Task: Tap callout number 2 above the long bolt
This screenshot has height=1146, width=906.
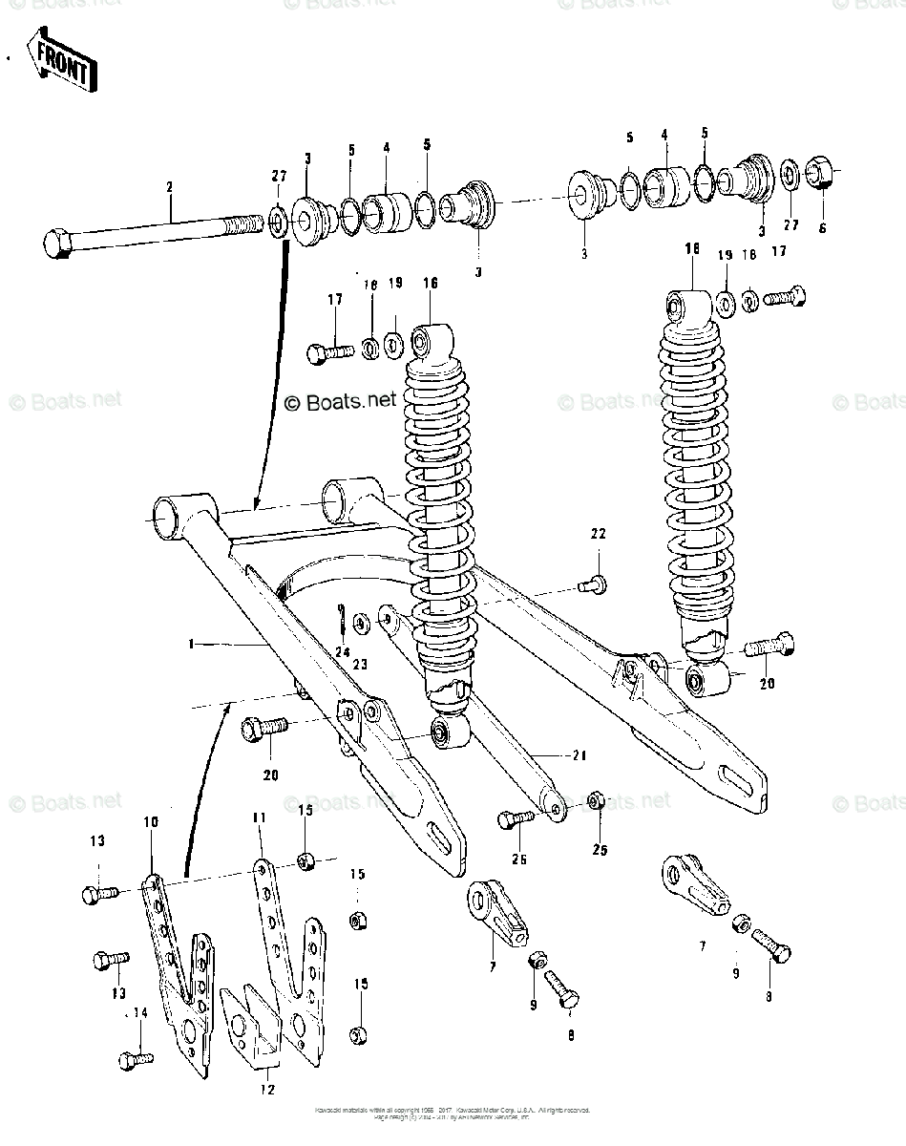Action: pyautogui.click(x=170, y=187)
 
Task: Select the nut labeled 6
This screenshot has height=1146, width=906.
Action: pyautogui.click(x=821, y=174)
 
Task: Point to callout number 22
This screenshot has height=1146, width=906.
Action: pyautogui.click(x=598, y=534)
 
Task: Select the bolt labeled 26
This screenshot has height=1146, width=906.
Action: pyautogui.click(x=516, y=819)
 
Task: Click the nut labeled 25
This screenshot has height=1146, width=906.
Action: pyautogui.click(x=595, y=798)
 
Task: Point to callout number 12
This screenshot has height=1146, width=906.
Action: pyautogui.click(x=267, y=1088)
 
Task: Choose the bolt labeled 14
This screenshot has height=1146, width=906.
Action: pyautogui.click(x=133, y=1059)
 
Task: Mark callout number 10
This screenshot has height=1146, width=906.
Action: pyautogui.click(x=152, y=821)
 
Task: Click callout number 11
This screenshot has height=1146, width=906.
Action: pyautogui.click(x=258, y=818)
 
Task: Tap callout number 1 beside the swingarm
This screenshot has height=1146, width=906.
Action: pyautogui.click(x=191, y=645)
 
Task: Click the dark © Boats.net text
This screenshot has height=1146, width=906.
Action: pyautogui.click(x=340, y=401)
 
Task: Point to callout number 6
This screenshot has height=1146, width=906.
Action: pyautogui.click(x=823, y=228)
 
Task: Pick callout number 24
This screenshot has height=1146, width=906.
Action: pyautogui.click(x=341, y=653)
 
